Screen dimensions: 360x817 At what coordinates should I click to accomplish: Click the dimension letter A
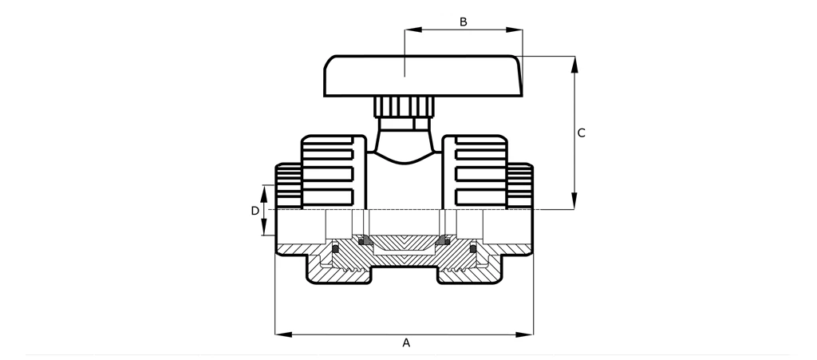click(x=406, y=343)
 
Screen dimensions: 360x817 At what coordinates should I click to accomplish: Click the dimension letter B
click(x=463, y=22)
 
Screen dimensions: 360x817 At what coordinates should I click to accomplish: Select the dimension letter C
click(x=582, y=133)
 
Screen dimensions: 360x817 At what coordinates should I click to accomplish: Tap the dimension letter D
click(x=255, y=211)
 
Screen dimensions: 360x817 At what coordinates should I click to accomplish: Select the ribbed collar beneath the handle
click(x=405, y=106)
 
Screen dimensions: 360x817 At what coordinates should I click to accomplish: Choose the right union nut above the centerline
click(x=476, y=171)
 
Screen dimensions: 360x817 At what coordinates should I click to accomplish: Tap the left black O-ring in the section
click(x=335, y=250)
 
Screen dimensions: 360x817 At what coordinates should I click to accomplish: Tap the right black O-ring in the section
click(x=473, y=250)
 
